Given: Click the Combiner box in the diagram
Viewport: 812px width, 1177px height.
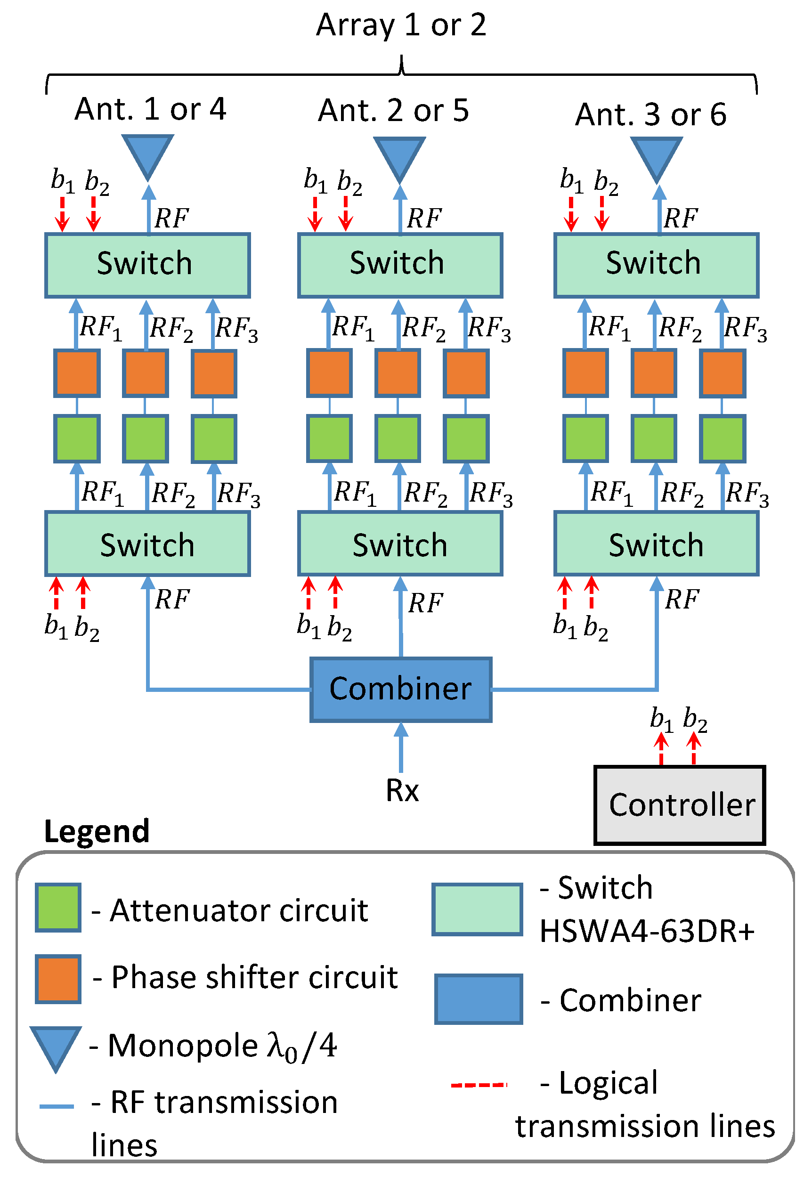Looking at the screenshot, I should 400,690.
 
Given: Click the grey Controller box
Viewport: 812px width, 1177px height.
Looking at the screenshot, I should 680,806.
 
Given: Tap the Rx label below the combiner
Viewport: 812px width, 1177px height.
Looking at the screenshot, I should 402,791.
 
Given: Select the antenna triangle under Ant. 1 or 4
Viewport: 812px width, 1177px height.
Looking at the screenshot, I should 147,154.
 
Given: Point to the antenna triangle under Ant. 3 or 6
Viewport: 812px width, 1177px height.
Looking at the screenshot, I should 656,157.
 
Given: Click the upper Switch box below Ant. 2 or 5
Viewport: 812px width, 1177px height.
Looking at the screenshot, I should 400,265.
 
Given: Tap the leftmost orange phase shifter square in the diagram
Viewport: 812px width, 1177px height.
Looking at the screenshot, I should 77,373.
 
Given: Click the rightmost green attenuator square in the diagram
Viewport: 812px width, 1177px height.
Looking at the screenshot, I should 723,438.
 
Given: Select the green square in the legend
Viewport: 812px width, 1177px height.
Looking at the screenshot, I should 58,908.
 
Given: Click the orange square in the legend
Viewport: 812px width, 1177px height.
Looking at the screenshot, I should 58,979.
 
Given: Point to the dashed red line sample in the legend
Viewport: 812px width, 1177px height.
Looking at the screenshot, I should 479,1085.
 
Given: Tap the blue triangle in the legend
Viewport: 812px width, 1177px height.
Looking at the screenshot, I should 56,1046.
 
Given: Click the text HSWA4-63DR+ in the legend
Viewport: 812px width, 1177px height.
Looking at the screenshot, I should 647,931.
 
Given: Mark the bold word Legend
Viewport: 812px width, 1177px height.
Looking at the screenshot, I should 97,832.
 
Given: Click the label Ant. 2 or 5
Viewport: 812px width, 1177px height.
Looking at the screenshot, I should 393,110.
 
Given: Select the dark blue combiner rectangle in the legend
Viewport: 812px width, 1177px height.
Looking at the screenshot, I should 478,999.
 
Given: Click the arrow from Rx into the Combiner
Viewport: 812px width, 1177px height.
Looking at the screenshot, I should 401,747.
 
